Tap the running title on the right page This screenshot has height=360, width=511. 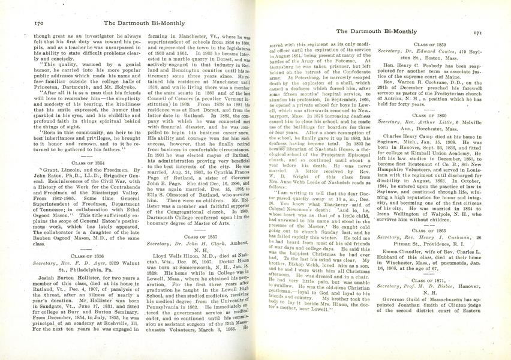tap(375, 31)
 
